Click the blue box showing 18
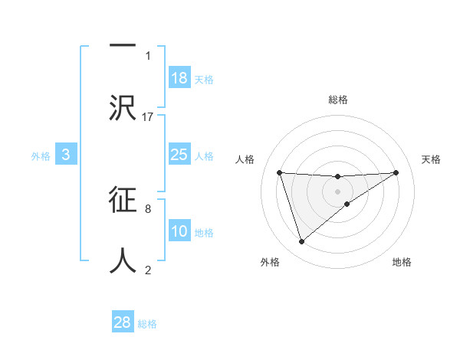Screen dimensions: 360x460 (179, 78)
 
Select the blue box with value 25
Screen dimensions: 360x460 (179, 155)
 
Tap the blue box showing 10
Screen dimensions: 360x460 (179, 231)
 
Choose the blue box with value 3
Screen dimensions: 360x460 (66, 155)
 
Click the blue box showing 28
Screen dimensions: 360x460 (123, 322)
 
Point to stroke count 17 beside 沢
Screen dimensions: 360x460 (148, 116)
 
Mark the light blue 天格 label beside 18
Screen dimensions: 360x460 (204, 80)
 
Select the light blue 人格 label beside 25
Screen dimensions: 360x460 (204, 156)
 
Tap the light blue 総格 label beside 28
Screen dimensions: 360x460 (147, 324)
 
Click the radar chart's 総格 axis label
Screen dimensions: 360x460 (338, 100)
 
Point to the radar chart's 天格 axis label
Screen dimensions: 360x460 (432, 159)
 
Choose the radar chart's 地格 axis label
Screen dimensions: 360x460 (402, 263)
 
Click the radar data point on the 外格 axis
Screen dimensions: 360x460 (301, 242)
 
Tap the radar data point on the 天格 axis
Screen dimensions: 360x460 (396, 172)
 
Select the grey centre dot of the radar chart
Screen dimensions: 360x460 (338, 191)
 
